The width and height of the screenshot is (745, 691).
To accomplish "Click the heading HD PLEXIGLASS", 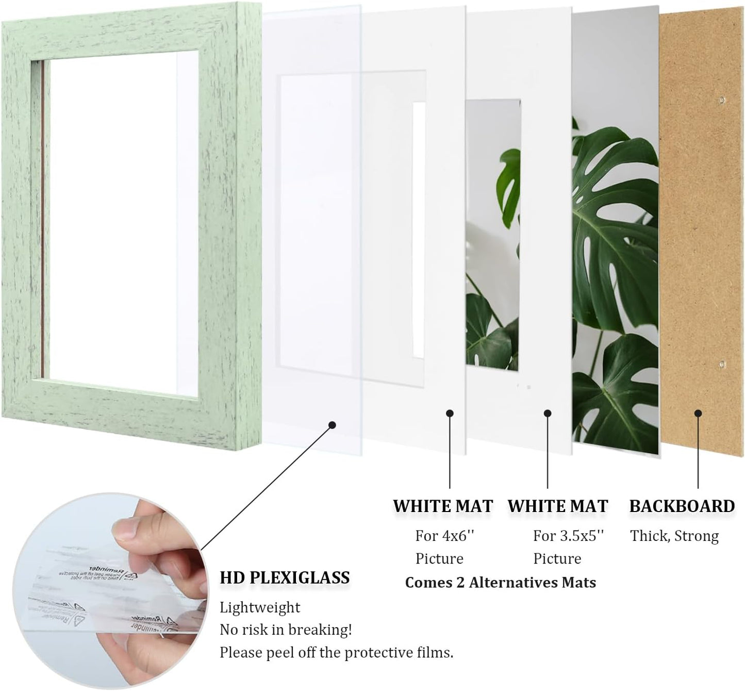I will coord(285,578).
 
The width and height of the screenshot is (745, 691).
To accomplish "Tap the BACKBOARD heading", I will coord(682,506).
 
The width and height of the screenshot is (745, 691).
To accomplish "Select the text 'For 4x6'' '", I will coord(444,536).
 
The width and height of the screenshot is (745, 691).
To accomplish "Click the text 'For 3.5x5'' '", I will coord(568,536).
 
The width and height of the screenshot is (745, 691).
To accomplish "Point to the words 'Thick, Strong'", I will coord(674,536).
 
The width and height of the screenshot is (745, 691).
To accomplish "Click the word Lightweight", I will coord(260,607).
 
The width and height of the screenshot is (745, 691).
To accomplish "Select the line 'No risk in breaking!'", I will coord(286,630).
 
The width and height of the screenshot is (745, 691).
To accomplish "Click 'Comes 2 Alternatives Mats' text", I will coord(500,583).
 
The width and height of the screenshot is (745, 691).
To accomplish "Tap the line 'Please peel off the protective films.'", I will coord(336,652).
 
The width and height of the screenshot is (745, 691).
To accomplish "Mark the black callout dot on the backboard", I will coord(698,413).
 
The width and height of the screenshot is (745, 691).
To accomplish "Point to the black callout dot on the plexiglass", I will coord(332,425).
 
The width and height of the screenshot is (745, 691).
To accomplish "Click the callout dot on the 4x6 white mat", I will coord(450,413).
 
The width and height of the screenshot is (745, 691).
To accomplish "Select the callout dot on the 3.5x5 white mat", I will coord(548,413).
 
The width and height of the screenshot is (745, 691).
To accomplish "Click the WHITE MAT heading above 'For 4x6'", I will coord(443,506).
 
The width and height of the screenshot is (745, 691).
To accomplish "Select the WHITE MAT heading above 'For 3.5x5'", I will coord(558,506).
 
